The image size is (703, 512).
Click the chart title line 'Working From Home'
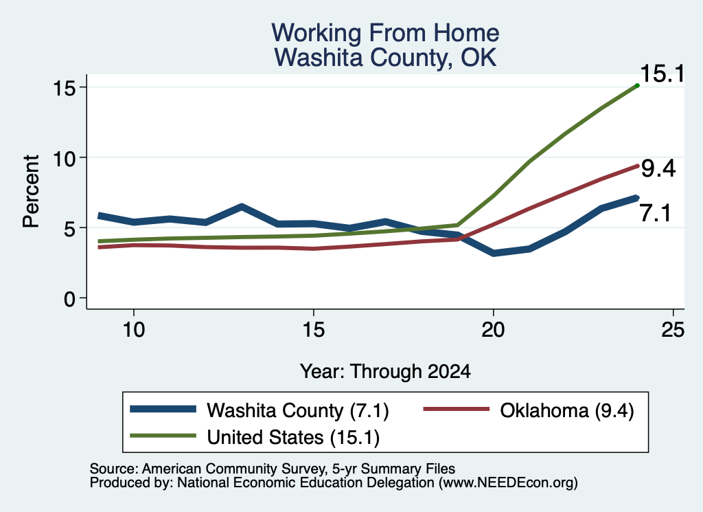tap(385, 33)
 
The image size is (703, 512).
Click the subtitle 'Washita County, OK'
tap(385, 58)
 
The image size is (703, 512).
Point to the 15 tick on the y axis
tap(64, 87)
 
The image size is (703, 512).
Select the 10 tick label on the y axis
tap(64, 158)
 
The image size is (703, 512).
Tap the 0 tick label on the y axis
tap(69, 299)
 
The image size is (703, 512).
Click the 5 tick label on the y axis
tap(69, 228)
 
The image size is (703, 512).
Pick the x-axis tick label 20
tap(493, 330)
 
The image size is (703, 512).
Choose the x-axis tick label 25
tap(673, 330)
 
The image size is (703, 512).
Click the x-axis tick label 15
tap(313, 330)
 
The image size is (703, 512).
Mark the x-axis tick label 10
tap(134, 330)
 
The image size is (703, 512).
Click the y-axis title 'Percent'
tap(31, 192)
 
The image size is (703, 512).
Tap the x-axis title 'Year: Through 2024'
tap(385, 372)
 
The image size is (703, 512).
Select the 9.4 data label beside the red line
tap(658, 169)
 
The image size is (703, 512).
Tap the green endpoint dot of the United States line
tap(637, 85)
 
